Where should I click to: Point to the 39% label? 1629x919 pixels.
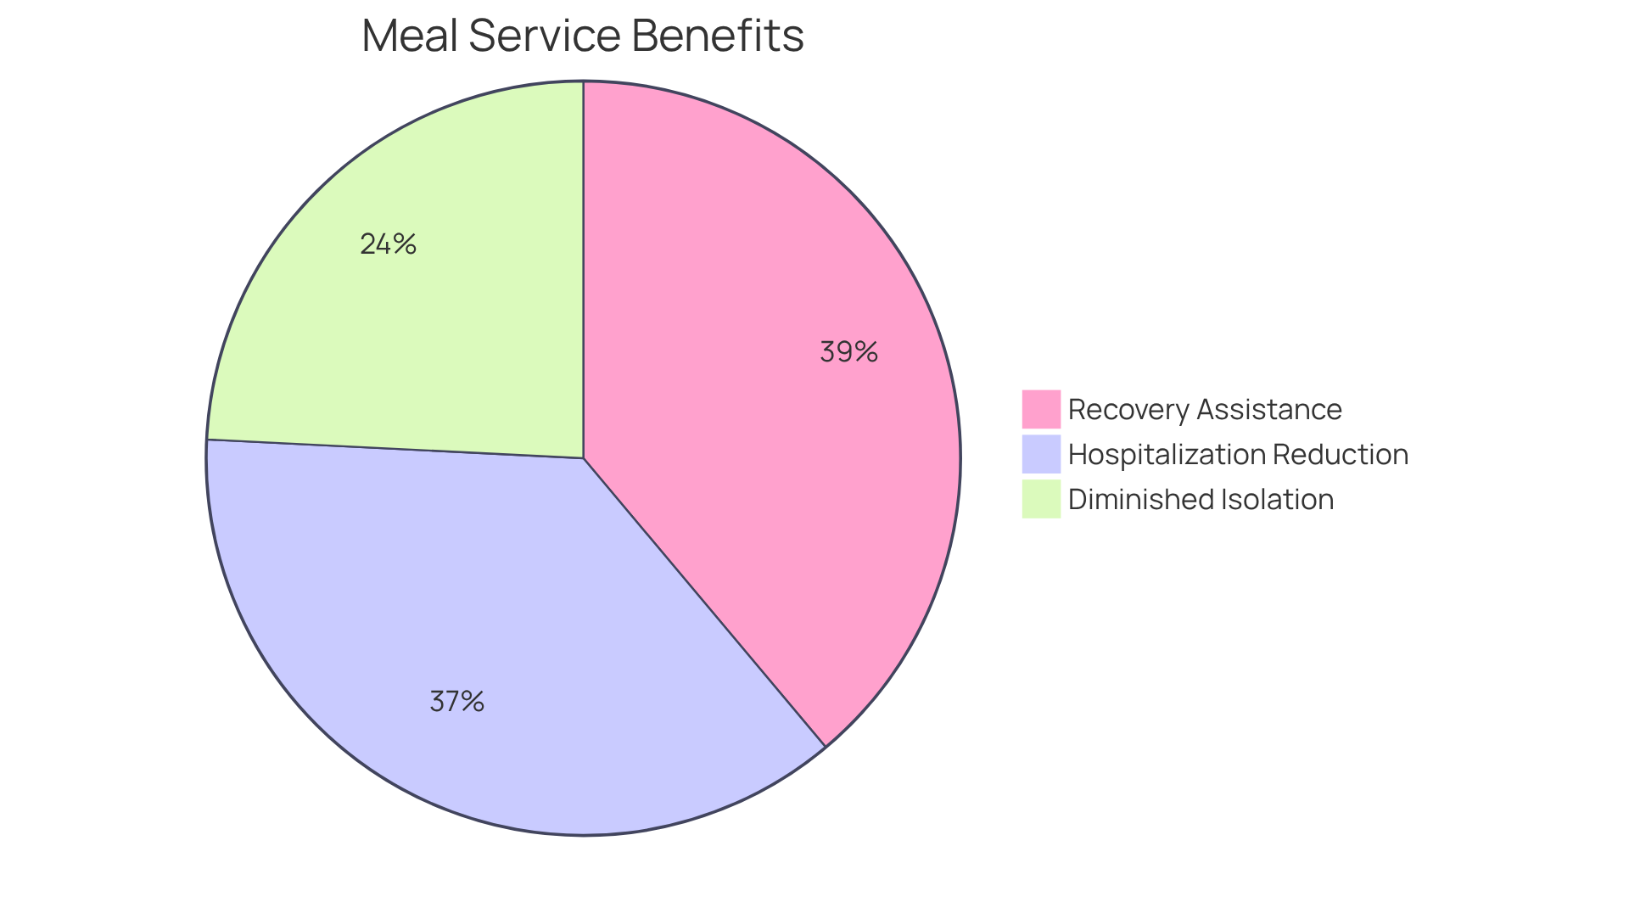(x=848, y=351)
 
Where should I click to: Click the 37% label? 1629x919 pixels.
(x=456, y=702)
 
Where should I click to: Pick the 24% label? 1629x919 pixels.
(x=388, y=244)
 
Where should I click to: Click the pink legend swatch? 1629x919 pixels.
(x=1041, y=409)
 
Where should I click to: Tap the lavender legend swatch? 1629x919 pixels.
(x=1041, y=454)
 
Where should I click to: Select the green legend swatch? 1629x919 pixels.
(x=1041, y=499)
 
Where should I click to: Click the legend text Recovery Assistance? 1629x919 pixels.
(x=1205, y=409)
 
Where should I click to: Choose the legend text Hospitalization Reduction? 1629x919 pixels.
(x=1238, y=454)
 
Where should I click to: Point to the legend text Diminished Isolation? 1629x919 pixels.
(x=1201, y=499)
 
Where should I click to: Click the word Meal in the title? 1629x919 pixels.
(x=408, y=36)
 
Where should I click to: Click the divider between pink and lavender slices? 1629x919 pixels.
(x=704, y=602)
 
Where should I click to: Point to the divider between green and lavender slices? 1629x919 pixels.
(x=395, y=449)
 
